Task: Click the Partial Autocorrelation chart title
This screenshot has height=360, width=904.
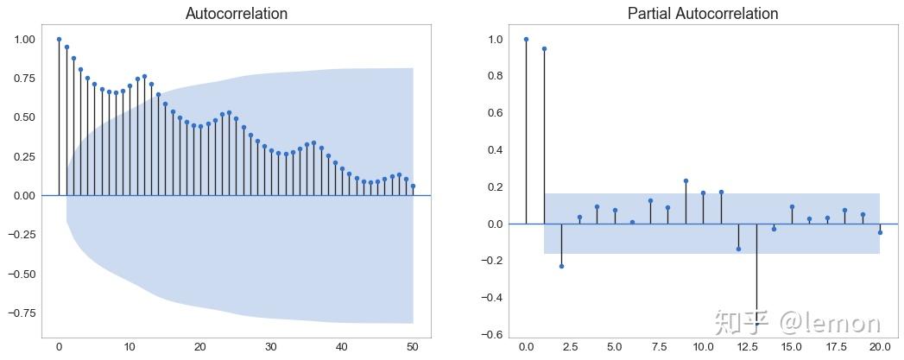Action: point(703,14)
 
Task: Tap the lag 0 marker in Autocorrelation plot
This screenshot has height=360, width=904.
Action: point(59,39)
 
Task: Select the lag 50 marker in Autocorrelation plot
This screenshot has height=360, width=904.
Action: point(413,186)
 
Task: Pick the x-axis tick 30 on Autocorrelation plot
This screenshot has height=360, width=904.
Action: point(271,346)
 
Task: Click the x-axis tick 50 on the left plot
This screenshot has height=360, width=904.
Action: point(413,346)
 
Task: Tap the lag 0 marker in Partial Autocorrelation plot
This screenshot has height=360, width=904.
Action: point(526,39)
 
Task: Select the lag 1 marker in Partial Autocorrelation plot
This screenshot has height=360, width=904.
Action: point(544,48)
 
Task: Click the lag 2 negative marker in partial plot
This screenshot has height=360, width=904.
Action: point(561,266)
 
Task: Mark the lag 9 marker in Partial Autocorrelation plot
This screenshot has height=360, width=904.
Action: point(686,181)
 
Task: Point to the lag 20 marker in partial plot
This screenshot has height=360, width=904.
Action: point(880,232)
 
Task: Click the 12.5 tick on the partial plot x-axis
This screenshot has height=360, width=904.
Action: point(747,346)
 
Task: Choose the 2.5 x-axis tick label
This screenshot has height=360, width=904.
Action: point(570,346)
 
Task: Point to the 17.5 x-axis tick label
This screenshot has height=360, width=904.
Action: point(835,346)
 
